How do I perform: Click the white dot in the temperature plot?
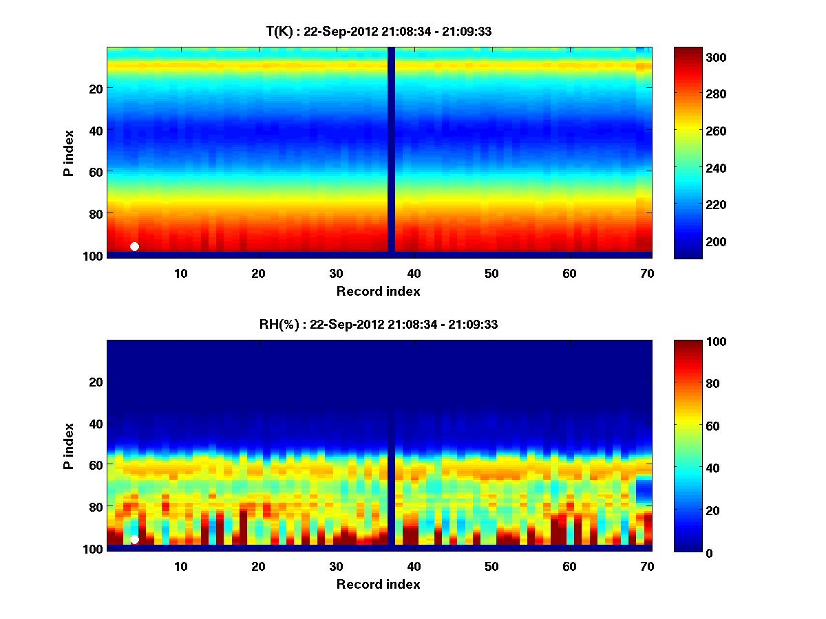134,246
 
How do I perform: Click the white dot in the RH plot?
134,539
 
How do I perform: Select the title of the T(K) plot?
379,32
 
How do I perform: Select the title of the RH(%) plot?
379,325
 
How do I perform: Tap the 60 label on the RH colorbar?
691,426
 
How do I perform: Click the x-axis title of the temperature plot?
379,292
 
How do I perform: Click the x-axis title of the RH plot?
379,585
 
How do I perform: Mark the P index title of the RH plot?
69,446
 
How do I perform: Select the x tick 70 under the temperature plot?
646,273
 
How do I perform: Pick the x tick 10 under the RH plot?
180,566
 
